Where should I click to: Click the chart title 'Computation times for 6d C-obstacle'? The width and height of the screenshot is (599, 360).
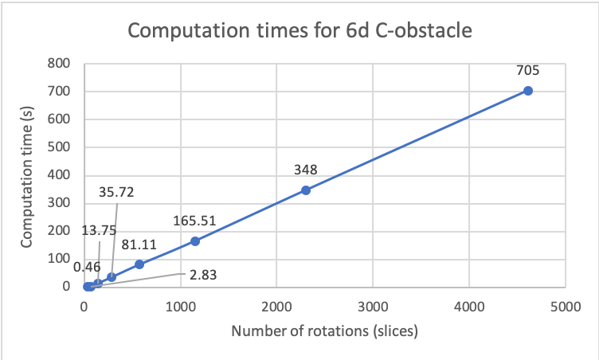click(x=299, y=32)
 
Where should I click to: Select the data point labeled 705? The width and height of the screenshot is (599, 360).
click(x=527, y=91)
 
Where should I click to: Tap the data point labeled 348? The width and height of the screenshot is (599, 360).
click(x=306, y=190)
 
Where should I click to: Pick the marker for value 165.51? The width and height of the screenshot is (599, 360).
click(x=195, y=241)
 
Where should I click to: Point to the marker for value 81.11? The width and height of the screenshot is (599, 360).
click(x=139, y=264)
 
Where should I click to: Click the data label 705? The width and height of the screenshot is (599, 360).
click(x=527, y=70)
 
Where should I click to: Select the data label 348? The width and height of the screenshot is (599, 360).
click(x=306, y=170)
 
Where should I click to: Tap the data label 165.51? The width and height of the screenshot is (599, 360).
click(x=195, y=221)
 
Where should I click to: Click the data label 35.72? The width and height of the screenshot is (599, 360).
click(x=118, y=192)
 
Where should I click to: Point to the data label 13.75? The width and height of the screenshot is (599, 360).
click(x=100, y=230)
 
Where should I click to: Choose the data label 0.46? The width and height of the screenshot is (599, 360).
click(x=87, y=267)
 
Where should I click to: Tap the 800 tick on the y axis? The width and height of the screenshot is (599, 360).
click(x=61, y=63)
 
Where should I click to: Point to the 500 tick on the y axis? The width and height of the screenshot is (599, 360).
click(x=61, y=147)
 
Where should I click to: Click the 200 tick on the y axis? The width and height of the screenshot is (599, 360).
click(x=61, y=231)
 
